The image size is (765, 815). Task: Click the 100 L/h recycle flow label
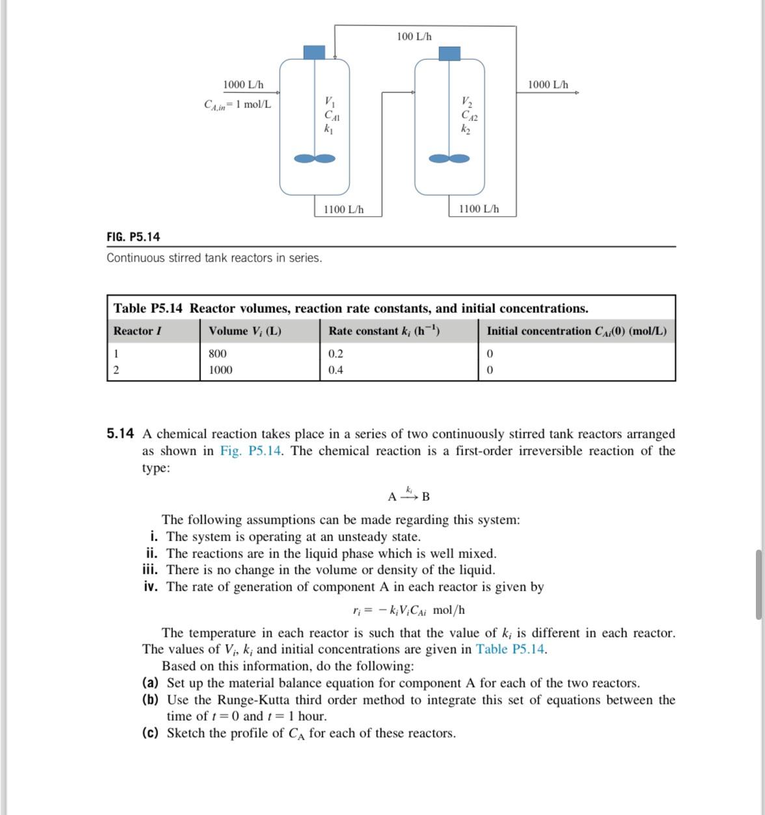(x=414, y=36)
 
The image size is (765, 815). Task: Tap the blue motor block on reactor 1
(x=314, y=52)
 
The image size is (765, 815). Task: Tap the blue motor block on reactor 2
(x=449, y=53)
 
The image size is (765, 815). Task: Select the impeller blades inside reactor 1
(x=315, y=158)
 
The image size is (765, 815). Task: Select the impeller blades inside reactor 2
(x=450, y=158)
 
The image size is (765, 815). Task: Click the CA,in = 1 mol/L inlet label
(x=237, y=105)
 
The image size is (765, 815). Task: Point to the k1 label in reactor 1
(x=328, y=129)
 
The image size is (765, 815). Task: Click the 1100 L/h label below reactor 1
(x=343, y=209)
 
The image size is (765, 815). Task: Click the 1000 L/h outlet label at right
(x=548, y=85)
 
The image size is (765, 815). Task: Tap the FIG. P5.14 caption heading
(x=133, y=237)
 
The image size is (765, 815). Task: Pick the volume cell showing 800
(x=218, y=354)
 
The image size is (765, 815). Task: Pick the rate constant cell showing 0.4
(x=336, y=370)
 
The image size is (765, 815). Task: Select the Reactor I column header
(x=137, y=331)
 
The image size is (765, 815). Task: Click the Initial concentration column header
(x=576, y=331)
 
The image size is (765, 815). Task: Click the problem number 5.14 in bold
(x=120, y=434)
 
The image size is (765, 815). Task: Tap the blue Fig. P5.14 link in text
(x=250, y=451)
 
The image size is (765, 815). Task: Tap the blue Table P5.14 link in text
(x=511, y=649)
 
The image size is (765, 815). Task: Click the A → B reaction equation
(x=409, y=496)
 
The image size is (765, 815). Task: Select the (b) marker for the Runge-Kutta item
(x=150, y=700)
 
